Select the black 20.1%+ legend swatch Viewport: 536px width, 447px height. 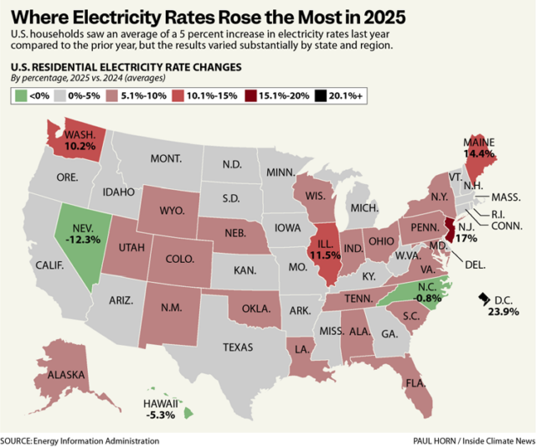tap(344, 97)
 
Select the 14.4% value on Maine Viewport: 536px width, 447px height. tap(481, 154)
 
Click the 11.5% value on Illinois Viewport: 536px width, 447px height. tap(327, 253)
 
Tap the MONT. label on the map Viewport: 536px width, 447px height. tap(166, 158)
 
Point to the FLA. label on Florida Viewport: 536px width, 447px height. tap(413, 384)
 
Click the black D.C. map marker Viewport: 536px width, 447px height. tap(483, 298)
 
